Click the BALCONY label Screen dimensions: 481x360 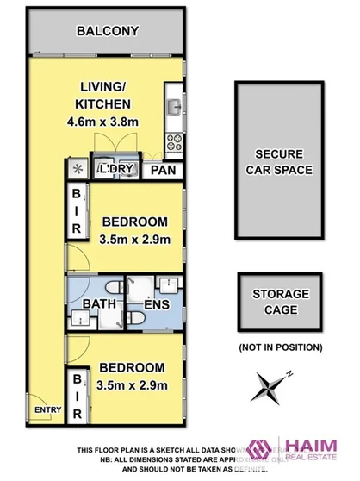tap(107, 31)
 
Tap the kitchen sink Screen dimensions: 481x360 tap(173, 108)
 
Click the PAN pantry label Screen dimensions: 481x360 tap(164, 170)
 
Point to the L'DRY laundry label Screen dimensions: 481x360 tap(117, 169)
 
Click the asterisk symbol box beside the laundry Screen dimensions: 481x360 tap(77, 169)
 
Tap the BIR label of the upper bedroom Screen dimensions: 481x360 tap(77, 211)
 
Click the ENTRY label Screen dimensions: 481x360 tap(42, 409)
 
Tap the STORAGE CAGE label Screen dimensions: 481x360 tap(278, 303)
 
